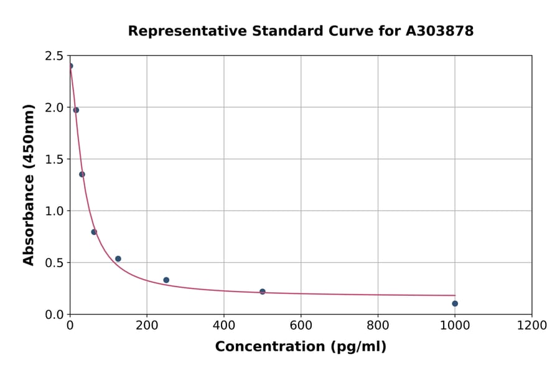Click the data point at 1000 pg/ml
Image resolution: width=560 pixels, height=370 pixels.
pyautogui.click(x=455, y=303)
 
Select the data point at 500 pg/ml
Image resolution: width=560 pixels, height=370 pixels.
pyautogui.click(x=263, y=292)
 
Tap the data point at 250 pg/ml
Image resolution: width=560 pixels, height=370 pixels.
pyautogui.click(x=166, y=280)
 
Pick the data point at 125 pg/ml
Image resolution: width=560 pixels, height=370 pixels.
pyautogui.click(x=118, y=259)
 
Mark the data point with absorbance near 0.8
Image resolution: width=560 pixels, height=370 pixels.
pyautogui.click(x=94, y=232)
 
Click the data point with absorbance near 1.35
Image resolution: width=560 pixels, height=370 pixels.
pyautogui.click(x=82, y=174)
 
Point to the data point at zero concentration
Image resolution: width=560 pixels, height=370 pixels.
pyautogui.click(x=70, y=66)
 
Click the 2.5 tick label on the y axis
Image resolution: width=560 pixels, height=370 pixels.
pyautogui.click(x=54, y=56)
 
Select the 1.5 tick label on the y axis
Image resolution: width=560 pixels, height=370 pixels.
pyautogui.click(x=54, y=159)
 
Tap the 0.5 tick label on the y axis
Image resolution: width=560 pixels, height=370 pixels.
pyautogui.click(x=54, y=263)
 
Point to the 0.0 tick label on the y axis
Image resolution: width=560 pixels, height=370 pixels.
pyautogui.click(x=54, y=315)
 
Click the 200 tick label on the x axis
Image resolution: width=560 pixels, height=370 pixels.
pyautogui.click(x=147, y=325)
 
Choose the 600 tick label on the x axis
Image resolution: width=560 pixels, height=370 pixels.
pyautogui.click(x=301, y=325)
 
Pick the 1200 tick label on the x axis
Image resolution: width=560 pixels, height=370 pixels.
pyautogui.click(x=532, y=325)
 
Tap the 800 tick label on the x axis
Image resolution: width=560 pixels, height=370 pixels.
pyautogui.click(x=378, y=325)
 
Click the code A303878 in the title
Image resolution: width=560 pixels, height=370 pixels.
pyautogui.click(x=439, y=31)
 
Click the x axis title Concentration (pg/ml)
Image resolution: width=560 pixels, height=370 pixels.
pyautogui.click(x=301, y=347)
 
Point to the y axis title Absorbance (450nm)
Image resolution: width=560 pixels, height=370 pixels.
pyautogui.click(x=29, y=184)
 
